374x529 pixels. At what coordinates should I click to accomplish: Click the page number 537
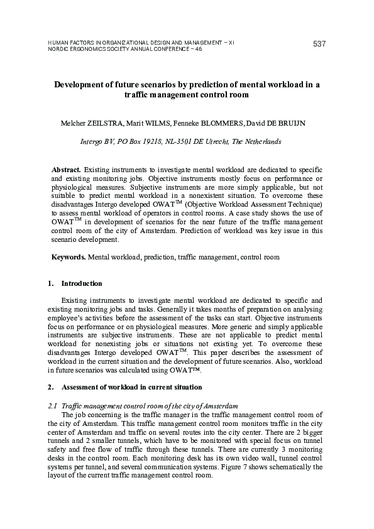319,43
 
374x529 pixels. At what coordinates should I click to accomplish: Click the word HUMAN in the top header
58,42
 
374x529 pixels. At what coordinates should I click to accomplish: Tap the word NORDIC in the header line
58,49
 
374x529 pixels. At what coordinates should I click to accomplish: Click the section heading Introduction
82,284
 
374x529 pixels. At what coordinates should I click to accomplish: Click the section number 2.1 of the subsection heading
53,406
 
